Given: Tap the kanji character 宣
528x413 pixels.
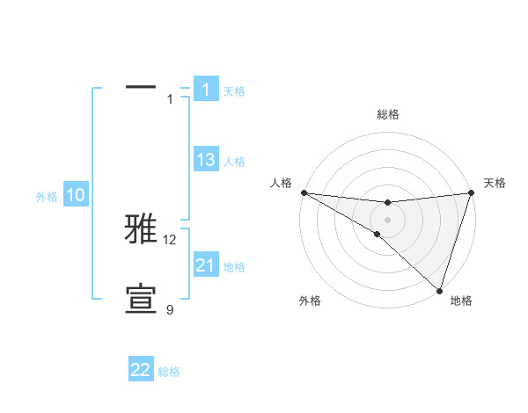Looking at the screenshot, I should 142,299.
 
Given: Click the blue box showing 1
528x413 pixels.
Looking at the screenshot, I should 206,89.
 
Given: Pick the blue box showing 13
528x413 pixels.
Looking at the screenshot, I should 206,160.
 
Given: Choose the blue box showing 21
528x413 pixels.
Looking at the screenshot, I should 206,264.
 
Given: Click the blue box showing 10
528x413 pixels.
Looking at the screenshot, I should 76,195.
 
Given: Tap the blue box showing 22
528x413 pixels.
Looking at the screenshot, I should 141,370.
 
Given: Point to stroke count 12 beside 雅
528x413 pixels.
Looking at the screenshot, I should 170,239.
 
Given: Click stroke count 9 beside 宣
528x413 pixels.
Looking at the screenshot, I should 170,309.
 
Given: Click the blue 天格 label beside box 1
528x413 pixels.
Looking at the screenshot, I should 234,91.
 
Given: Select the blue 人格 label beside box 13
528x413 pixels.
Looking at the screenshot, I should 234,162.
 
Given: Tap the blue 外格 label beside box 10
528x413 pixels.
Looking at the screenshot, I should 47,197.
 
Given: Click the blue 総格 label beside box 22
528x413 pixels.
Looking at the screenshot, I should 169,372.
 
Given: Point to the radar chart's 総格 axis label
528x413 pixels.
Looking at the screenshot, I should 387,114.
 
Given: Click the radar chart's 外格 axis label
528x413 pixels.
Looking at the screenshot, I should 310,301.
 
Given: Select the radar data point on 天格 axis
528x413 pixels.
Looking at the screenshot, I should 471,192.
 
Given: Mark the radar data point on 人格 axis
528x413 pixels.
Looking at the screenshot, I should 304,192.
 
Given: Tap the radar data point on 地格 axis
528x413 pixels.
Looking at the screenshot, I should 439,291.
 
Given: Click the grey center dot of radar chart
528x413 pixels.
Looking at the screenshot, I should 387,220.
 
